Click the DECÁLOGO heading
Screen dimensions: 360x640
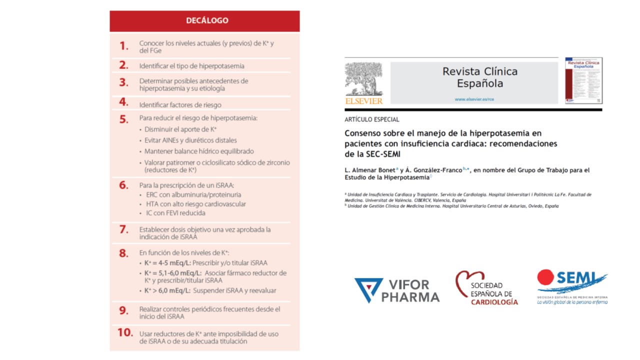207,20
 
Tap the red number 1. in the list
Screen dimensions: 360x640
123,46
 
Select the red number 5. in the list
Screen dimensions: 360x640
123,119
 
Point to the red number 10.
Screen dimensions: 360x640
125,332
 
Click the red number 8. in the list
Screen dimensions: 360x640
123,253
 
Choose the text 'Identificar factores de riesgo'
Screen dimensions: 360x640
180,105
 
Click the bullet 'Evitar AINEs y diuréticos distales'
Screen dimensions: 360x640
190,140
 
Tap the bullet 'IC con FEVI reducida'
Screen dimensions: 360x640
175,213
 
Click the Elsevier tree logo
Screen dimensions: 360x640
363,78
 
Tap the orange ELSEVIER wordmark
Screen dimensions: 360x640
363,101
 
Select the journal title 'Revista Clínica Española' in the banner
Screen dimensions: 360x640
479,77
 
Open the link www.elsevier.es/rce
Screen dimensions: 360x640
479,99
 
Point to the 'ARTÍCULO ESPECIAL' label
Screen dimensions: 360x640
371,119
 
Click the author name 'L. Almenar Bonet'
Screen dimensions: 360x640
365,170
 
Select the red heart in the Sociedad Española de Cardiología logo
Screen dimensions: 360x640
466,282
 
